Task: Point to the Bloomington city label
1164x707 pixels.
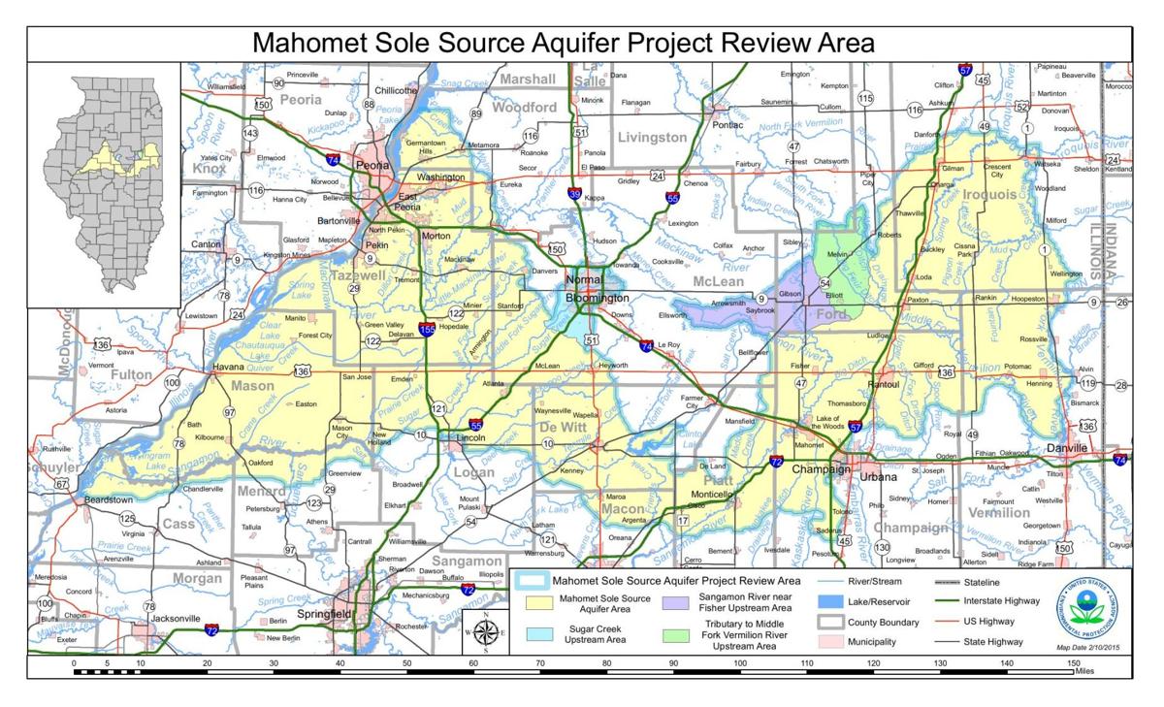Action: click(598, 298)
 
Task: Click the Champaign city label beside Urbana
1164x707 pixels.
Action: click(821, 469)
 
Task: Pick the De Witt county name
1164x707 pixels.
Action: click(561, 427)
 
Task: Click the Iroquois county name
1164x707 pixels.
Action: click(990, 194)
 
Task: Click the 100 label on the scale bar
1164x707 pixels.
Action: click(740, 663)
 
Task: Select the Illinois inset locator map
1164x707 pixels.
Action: click(103, 184)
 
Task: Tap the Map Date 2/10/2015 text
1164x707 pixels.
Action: click(1082, 647)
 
